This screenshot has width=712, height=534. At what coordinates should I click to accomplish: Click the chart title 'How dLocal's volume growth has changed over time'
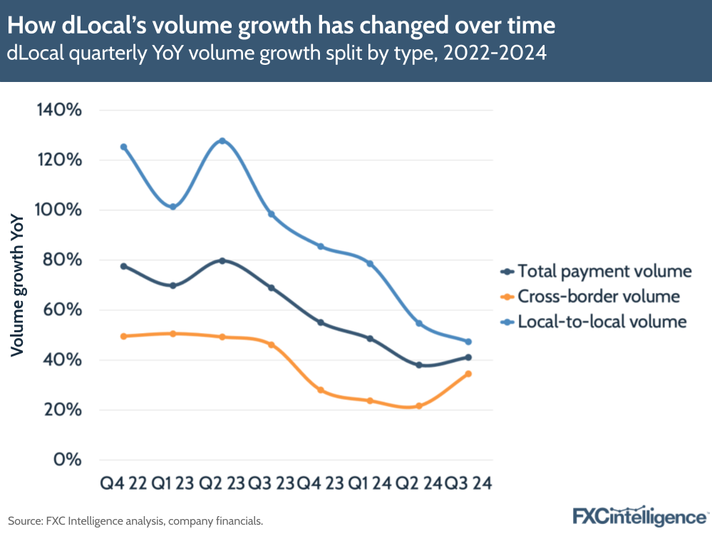[281, 26]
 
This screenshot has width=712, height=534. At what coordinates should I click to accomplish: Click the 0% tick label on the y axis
[68, 460]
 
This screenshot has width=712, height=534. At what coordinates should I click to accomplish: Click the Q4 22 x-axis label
[123, 484]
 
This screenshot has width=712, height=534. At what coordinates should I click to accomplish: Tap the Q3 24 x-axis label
[468, 484]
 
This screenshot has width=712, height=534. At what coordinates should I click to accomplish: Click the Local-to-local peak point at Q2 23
[222, 140]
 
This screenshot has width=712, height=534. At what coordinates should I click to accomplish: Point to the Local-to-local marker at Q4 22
[123, 147]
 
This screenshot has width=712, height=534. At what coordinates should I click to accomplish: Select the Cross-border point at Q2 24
[419, 406]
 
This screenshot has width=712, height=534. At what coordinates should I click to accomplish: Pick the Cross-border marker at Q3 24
[468, 374]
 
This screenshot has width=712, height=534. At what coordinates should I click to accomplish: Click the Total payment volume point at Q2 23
[222, 261]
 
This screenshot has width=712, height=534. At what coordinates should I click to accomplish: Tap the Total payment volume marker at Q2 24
[419, 365]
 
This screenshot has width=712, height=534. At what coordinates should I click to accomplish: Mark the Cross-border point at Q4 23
[321, 390]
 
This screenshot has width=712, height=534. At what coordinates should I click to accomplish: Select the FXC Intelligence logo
[641, 515]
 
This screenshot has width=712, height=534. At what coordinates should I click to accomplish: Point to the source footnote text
[135, 521]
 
